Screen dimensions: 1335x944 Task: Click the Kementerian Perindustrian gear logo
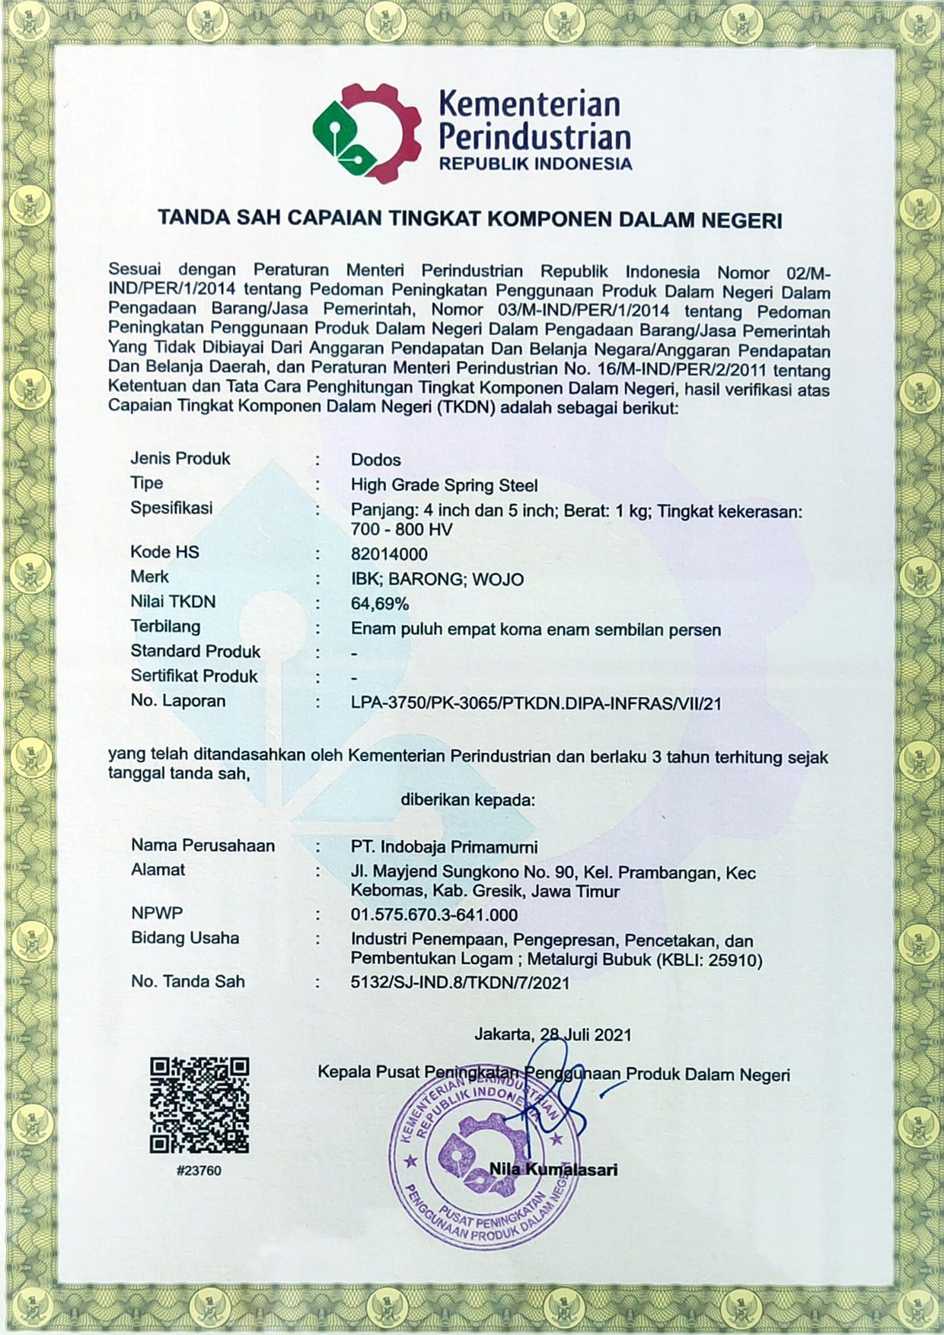click(367, 133)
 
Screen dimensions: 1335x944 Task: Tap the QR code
click(199, 1104)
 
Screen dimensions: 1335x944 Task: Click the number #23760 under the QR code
click(199, 1171)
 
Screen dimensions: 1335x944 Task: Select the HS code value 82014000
click(389, 554)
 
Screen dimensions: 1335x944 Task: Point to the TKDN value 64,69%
click(380, 604)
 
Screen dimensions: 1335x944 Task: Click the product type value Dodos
click(375, 460)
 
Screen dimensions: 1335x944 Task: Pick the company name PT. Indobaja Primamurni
click(444, 846)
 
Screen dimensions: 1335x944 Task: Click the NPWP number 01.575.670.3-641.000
click(434, 915)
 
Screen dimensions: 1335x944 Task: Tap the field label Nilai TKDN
click(173, 602)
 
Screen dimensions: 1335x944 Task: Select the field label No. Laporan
click(177, 701)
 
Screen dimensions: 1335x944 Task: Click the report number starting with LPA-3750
click(536, 703)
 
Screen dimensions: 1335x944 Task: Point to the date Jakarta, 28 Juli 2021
click(553, 1034)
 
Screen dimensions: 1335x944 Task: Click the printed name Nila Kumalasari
click(553, 1169)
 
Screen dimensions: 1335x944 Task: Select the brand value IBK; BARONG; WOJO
click(437, 579)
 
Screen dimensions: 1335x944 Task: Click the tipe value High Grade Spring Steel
click(444, 485)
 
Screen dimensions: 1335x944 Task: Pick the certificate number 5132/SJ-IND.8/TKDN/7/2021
click(460, 983)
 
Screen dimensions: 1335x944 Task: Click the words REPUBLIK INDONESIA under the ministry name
click(535, 164)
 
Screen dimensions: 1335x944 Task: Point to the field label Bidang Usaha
click(185, 938)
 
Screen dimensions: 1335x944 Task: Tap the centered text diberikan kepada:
click(467, 800)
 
